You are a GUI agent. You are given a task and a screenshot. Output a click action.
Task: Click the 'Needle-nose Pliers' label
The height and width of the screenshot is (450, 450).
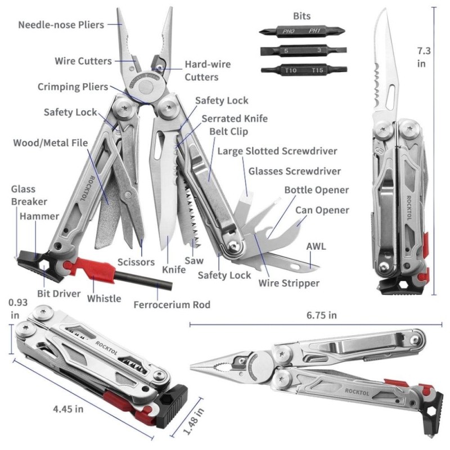61,25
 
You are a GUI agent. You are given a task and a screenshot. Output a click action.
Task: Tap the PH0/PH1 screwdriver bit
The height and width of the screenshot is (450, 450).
302,31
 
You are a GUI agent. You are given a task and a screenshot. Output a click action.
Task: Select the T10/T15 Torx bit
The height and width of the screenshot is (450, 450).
304,70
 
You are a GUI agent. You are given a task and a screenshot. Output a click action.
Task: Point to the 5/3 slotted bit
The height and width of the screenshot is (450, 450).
303,51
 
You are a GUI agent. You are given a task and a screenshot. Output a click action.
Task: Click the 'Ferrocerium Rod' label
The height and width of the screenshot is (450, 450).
172,304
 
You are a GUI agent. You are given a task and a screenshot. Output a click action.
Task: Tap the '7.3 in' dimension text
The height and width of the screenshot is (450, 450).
424,57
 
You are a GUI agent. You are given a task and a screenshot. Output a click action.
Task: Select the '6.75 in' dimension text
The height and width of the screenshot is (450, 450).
321,315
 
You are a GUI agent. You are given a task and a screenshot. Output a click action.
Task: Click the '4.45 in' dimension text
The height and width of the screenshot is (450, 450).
68,409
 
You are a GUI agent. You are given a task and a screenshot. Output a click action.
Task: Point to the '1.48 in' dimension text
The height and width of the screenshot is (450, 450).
193,421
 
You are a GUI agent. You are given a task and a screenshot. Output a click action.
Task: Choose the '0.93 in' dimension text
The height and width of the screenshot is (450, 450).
18,309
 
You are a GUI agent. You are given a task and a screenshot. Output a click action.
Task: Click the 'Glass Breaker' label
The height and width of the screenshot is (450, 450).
29,195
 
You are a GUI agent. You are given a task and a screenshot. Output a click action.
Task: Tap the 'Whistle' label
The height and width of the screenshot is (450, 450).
104,299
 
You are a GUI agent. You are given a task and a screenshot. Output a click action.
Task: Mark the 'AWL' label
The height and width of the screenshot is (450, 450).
316,246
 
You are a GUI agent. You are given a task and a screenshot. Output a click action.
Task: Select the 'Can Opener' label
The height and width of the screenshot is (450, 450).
322,210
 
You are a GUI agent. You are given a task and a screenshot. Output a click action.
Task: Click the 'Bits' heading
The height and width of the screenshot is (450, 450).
301,16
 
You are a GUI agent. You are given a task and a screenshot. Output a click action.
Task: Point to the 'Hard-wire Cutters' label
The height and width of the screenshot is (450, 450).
208,71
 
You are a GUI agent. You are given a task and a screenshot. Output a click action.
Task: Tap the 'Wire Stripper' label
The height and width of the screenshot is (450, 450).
289,283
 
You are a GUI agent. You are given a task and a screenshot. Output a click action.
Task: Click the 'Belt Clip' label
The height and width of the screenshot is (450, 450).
228,132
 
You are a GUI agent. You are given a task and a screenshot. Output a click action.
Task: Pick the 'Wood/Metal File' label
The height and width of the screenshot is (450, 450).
51,143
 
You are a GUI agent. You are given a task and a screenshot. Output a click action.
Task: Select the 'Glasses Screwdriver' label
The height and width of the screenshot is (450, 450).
294,171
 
